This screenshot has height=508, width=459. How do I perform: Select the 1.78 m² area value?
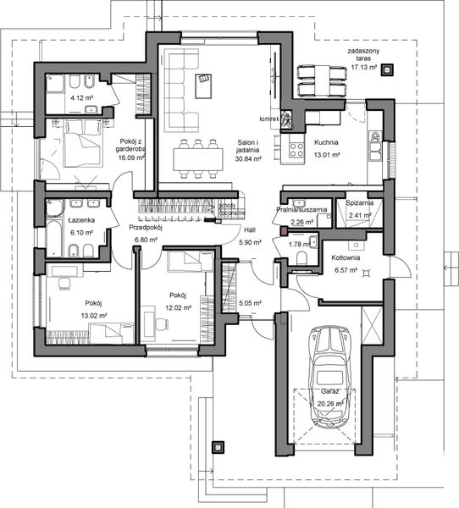point(301,245)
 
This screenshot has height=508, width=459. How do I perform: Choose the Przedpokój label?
point(145,228)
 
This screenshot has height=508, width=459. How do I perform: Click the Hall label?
point(250,230)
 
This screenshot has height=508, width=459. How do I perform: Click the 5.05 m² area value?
point(251,302)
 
